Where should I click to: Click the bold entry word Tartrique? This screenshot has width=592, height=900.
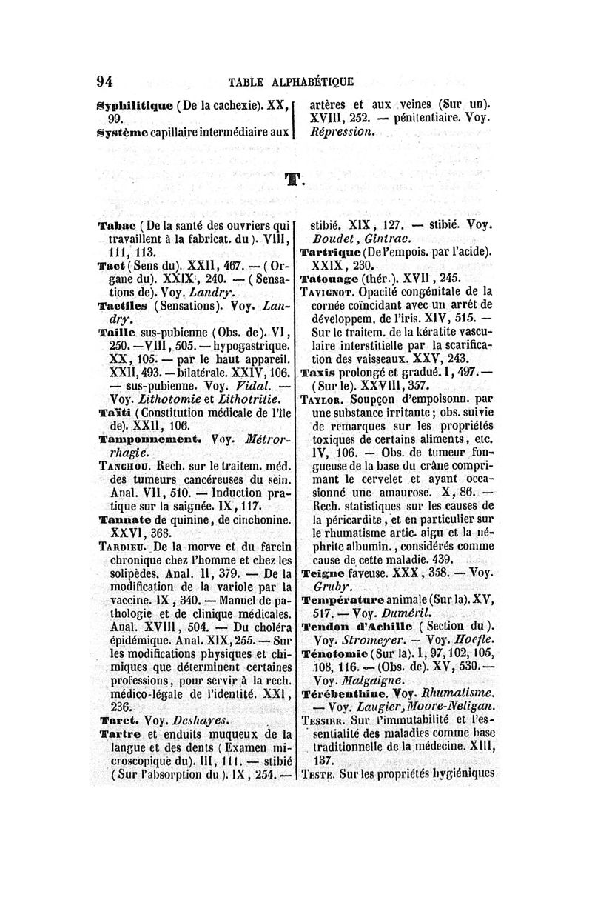[330, 252]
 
